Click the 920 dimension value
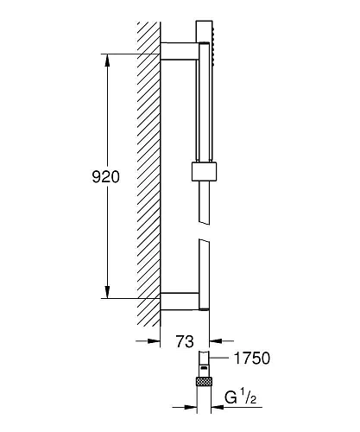pos(105,177)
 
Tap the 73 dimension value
pos(185,341)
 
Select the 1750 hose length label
pos(252,359)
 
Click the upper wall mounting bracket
pos(180,51)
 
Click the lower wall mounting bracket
pos(180,302)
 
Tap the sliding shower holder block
pos(204,172)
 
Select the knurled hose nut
pos(204,381)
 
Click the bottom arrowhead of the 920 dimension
pos(107,292)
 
